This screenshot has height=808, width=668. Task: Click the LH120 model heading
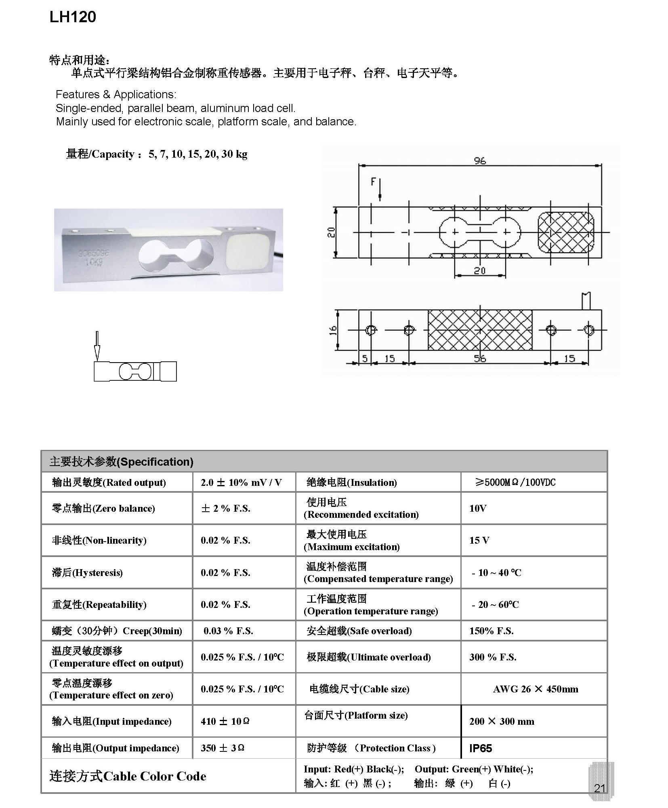[x=73, y=17]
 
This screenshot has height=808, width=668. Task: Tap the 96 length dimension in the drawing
[x=479, y=160]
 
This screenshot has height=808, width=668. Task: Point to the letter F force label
[x=373, y=182]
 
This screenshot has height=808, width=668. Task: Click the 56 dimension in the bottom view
[x=479, y=358]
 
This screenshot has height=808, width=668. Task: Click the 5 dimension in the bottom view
[x=365, y=358]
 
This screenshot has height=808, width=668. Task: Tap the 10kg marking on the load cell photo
[x=94, y=262]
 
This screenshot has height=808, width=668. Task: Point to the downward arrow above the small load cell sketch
[x=97, y=346]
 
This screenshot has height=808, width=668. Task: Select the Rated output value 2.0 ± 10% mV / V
[x=241, y=482]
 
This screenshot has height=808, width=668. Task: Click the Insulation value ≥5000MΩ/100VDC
[x=515, y=482]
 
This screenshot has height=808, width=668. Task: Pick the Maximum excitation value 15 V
[x=479, y=540]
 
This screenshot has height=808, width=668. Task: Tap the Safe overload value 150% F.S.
[x=491, y=631]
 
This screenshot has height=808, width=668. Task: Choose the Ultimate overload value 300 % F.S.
[x=493, y=657]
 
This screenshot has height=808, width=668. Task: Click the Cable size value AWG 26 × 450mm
[x=536, y=689]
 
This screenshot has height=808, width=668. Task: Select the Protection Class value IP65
[x=481, y=748]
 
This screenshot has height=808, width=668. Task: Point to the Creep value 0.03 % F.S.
[x=228, y=631]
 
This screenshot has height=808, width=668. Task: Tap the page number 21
[x=600, y=788]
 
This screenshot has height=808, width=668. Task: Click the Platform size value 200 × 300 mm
[x=502, y=722]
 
